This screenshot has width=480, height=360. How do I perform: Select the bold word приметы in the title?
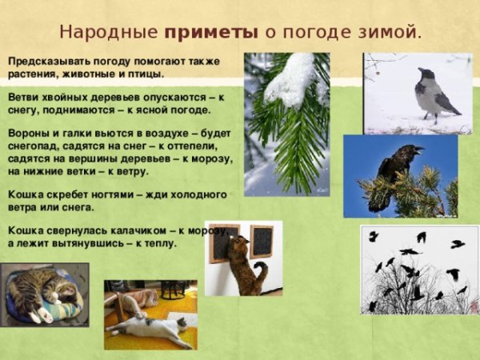[x=211, y=33]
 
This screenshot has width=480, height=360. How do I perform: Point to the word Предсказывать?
[x=44, y=60]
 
